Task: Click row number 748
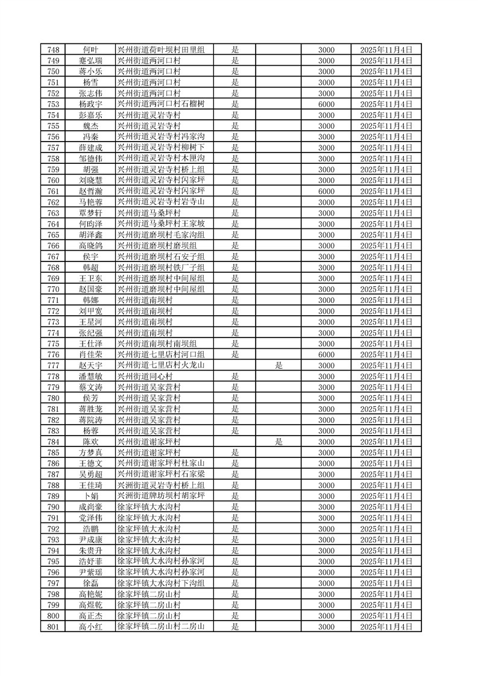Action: pos(53,49)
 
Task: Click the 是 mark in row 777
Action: pos(278,366)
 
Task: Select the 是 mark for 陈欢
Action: pos(278,442)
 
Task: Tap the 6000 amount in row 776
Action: pos(326,355)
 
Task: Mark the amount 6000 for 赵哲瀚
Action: pos(326,191)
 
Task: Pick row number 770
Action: pos(53,289)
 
